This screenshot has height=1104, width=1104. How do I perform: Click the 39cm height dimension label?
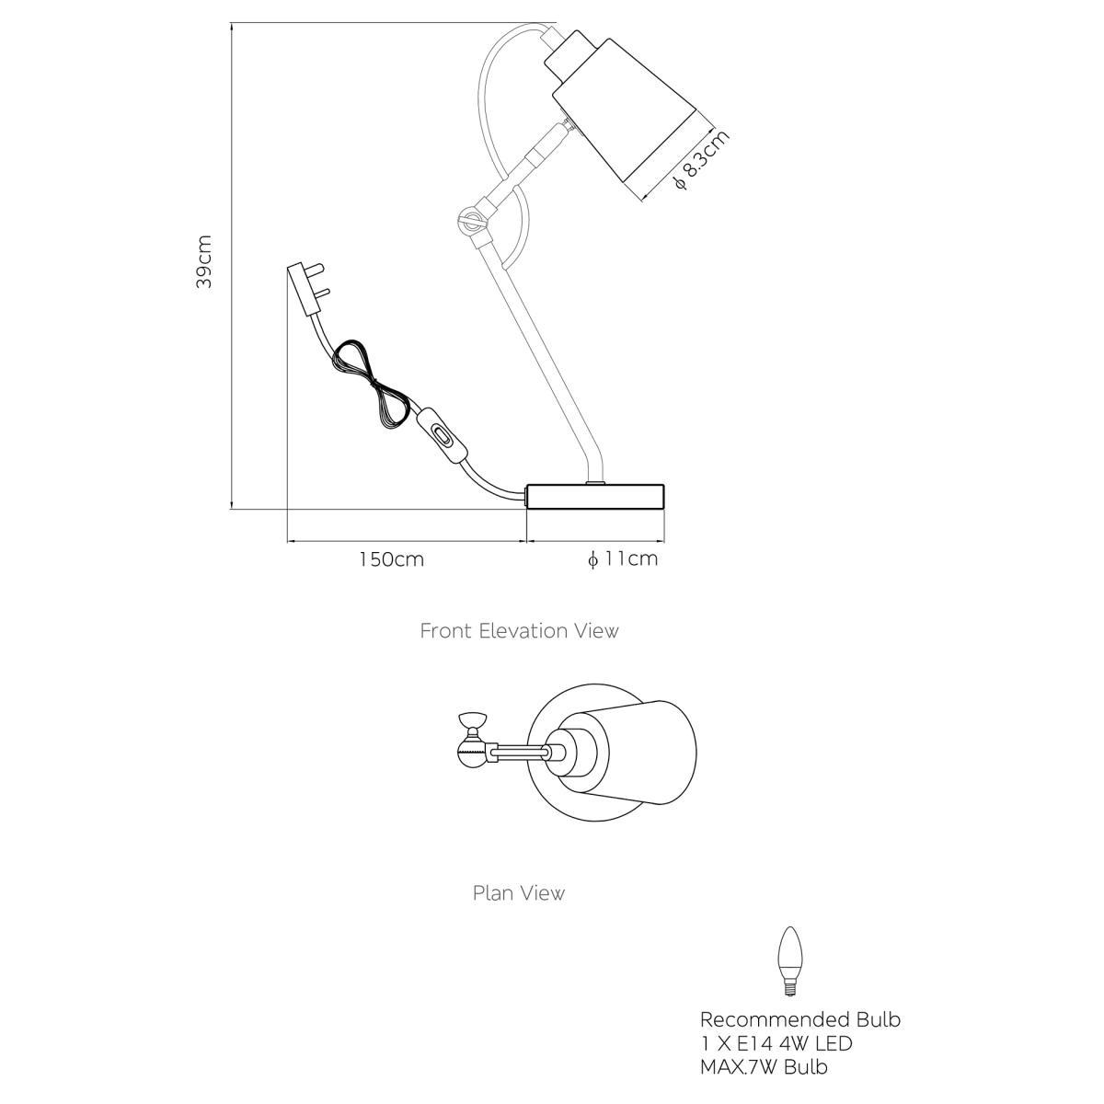click(x=204, y=261)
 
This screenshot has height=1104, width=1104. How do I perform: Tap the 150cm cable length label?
click(x=392, y=559)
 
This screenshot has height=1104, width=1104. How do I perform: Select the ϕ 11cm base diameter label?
click(x=623, y=558)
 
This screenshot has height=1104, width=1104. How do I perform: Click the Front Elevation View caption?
click(x=519, y=631)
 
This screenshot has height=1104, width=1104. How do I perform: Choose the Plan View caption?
click(x=519, y=893)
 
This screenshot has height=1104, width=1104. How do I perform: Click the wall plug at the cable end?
click(x=309, y=288)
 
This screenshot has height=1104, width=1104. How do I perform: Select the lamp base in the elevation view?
click(x=595, y=496)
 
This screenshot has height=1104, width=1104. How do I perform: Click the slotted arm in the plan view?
click(x=519, y=753)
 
